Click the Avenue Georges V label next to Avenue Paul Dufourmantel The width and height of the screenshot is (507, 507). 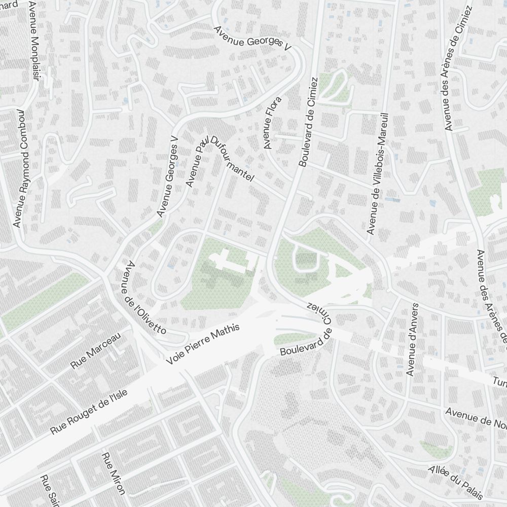pos(168,175)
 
